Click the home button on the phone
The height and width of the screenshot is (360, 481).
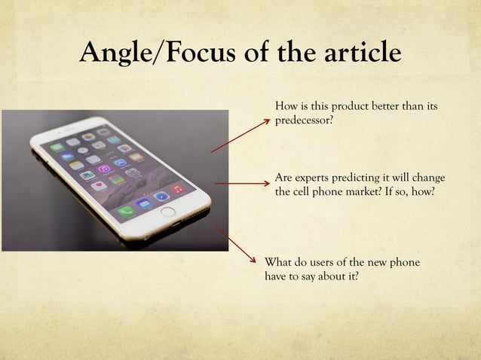click(x=168, y=212)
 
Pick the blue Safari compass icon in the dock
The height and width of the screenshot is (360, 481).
click(x=161, y=197)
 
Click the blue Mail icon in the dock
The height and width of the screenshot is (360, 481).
click(x=144, y=203)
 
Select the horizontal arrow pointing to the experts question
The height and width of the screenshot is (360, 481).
click(x=242, y=183)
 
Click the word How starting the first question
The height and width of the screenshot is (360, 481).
click(x=286, y=106)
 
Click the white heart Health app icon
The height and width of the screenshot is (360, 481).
click(x=99, y=185)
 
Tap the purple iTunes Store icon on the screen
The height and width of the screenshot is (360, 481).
click(x=104, y=169)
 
